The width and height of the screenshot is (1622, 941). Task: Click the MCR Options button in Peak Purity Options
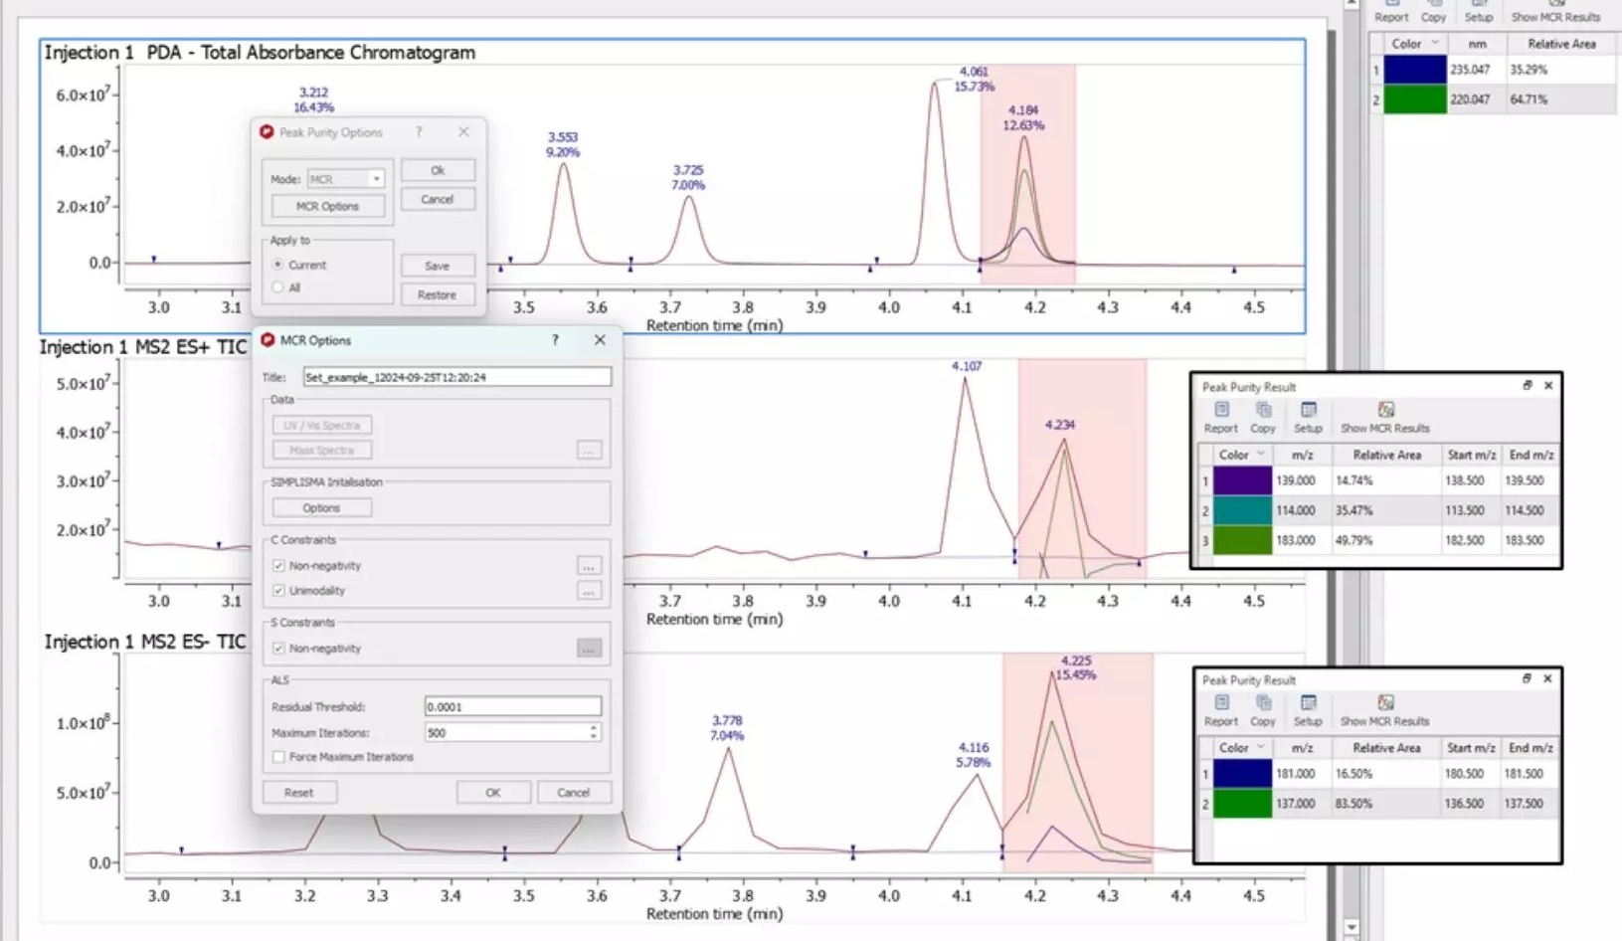pos(327,206)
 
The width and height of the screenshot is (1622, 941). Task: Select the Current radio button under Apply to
pos(278,265)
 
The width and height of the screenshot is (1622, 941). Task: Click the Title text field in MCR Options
pos(456,377)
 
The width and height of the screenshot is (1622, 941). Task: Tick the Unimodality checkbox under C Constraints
pos(279,591)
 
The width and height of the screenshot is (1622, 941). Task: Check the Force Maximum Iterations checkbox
pos(279,757)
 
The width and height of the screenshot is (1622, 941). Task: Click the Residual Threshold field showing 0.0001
pos(512,706)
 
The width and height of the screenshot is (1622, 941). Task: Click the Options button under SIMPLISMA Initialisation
pos(321,507)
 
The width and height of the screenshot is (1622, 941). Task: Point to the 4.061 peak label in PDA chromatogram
pos(974,72)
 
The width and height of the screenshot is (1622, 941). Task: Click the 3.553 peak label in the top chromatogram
pos(563,137)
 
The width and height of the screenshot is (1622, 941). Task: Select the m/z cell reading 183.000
pos(1296,540)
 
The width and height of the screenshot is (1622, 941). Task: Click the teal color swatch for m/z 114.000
pos(1242,510)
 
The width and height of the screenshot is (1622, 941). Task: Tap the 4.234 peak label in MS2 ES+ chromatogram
pos(1060,425)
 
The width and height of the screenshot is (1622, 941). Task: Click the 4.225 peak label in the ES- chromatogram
pos(1076,660)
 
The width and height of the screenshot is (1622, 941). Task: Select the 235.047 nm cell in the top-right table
pos(1470,70)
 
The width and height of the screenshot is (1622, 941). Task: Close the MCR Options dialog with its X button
pos(600,340)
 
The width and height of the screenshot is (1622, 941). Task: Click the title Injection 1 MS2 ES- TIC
pos(145,642)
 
